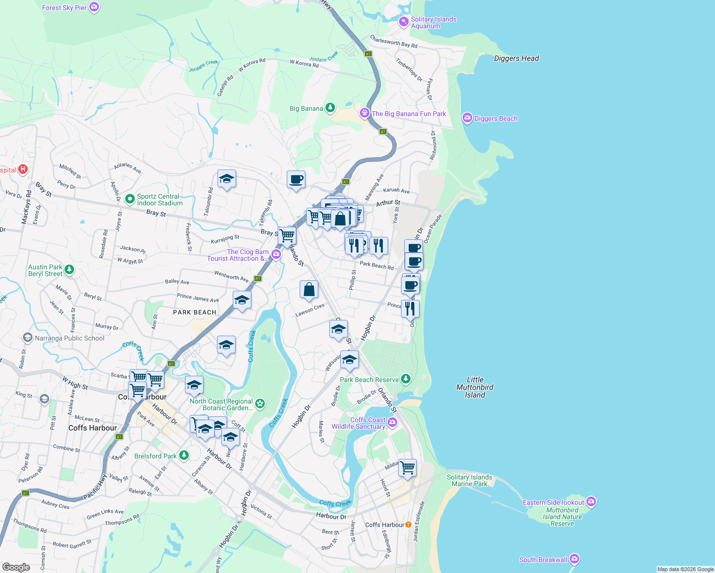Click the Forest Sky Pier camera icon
[x=95, y=7]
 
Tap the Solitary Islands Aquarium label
[x=433, y=22]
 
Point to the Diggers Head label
[x=516, y=58]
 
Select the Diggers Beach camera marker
[x=467, y=118]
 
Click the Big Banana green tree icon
[x=330, y=108]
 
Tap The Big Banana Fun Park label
[x=409, y=114]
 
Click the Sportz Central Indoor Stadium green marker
[x=129, y=199]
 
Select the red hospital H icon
[x=22, y=170]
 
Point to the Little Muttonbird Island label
[x=475, y=387]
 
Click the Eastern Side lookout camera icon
[x=591, y=501]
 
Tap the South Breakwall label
[x=543, y=560]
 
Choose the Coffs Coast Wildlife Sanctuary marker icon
[x=392, y=422]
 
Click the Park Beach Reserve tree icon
[x=406, y=379]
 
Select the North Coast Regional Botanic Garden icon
[x=260, y=404]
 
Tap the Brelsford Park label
[x=155, y=456]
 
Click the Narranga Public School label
[x=69, y=338]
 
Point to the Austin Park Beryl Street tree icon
[x=69, y=270]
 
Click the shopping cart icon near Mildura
[x=407, y=467]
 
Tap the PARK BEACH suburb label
[x=195, y=312]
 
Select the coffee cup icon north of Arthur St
[x=296, y=180]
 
